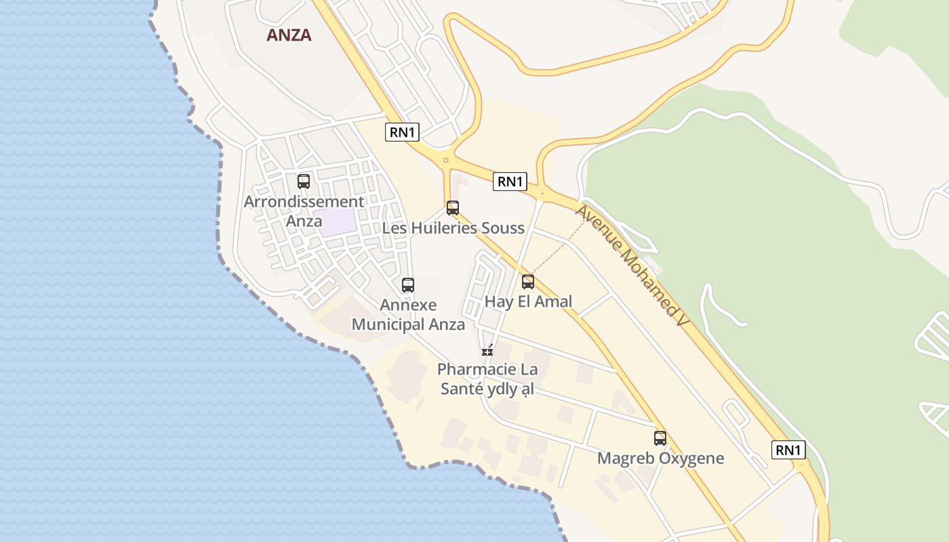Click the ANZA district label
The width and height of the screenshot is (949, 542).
click(x=289, y=35)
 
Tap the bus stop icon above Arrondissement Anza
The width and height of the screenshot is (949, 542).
click(x=304, y=182)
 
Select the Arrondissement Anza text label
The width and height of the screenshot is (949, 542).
click(x=304, y=211)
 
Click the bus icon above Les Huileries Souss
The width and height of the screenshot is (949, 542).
click(x=453, y=208)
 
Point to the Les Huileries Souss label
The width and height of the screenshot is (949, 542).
click(x=453, y=228)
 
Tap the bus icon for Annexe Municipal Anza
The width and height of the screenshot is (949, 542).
click(x=408, y=285)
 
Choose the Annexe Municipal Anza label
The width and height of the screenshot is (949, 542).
click(x=408, y=315)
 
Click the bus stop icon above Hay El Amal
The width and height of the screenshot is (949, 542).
click(x=528, y=282)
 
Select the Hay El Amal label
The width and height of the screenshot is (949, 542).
click(x=529, y=301)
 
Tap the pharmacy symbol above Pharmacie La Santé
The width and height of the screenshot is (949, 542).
click(x=487, y=350)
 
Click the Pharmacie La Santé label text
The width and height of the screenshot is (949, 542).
click(x=487, y=379)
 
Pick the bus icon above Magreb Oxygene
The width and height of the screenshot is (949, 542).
click(x=660, y=438)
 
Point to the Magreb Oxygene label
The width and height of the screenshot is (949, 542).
click(x=660, y=458)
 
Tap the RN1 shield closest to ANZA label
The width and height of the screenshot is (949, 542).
click(x=402, y=132)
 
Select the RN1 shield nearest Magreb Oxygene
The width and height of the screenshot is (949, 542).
click(x=788, y=450)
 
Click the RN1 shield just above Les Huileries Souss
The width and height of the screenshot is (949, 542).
click(x=510, y=181)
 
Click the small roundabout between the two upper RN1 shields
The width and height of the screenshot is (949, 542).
click(x=445, y=161)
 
